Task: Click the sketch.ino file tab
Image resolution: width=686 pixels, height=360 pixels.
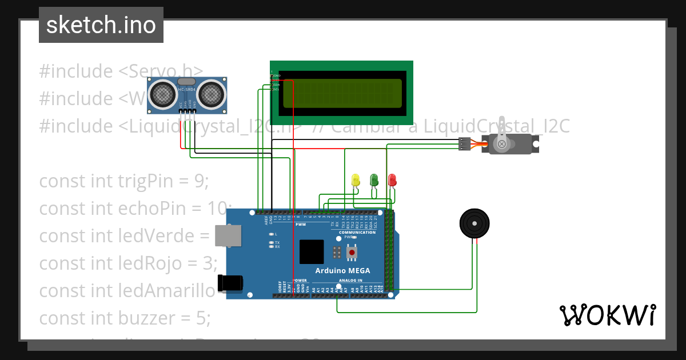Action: coord(101,25)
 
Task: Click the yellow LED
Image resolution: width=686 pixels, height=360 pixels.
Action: coord(355,180)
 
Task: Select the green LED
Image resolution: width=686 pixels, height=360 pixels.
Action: coord(374,180)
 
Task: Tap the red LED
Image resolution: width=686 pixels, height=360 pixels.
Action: coord(392,180)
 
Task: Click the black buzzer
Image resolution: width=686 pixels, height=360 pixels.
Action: coord(475,223)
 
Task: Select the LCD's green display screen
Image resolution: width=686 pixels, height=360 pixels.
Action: coord(341,93)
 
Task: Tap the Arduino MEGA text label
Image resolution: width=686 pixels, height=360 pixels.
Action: coord(342,271)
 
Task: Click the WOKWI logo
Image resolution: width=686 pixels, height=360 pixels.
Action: coord(607,315)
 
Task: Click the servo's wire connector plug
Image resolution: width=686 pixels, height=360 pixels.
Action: coord(465,144)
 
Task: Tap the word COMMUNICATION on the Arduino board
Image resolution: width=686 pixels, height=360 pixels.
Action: coord(357,233)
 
